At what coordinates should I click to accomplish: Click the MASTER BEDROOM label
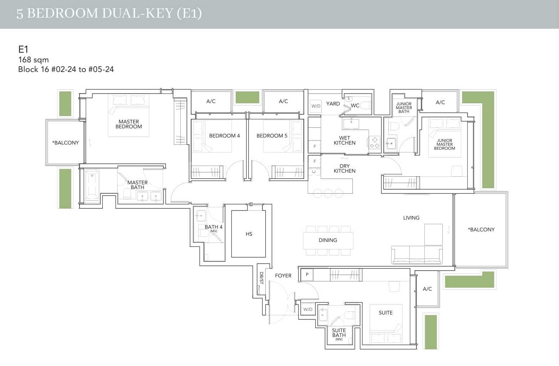click(129, 124)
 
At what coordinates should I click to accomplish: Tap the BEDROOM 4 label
click(224, 136)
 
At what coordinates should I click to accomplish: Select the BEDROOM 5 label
click(272, 136)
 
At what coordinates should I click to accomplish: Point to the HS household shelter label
click(249, 234)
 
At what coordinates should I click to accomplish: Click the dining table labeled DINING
click(328, 240)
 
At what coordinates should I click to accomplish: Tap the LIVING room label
click(411, 218)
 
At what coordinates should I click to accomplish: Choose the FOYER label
click(283, 276)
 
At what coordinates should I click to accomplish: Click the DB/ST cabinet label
click(261, 278)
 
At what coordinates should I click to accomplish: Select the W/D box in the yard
click(316, 106)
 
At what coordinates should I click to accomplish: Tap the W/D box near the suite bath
click(308, 309)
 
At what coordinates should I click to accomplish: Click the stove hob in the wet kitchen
click(374, 143)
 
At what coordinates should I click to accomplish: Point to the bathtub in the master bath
click(92, 185)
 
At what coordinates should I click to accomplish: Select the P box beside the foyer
click(307, 275)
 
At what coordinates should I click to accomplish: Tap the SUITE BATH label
click(339, 333)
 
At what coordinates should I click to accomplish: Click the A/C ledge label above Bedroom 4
click(211, 101)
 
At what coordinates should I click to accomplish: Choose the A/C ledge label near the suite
click(427, 289)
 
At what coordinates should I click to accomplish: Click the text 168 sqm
click(33, 60)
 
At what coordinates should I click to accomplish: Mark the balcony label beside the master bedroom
click(66, 143)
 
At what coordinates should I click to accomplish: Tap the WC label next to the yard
click(355, 105)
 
